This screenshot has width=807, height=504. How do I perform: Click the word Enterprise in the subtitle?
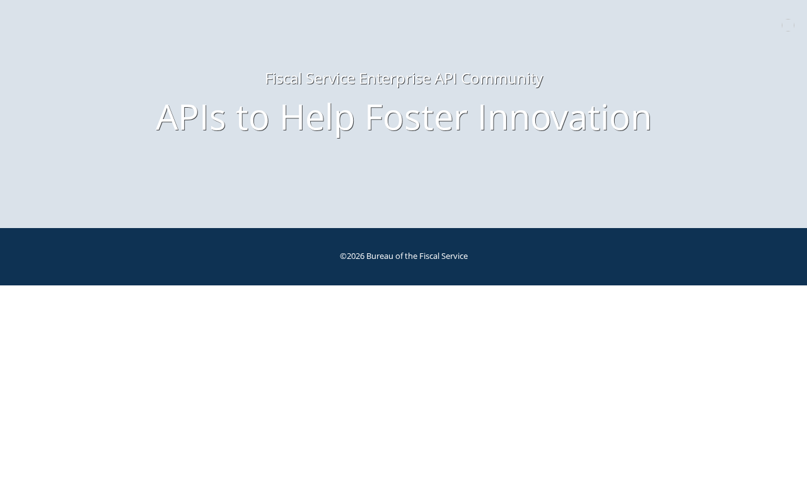coord(395,79)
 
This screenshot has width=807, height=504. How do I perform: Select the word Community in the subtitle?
coord(502,79)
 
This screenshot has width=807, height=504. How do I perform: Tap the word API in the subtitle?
coord(446,79)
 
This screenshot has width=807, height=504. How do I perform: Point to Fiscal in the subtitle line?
coord(284,79)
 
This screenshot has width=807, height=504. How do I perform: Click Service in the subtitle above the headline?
coord(330,79)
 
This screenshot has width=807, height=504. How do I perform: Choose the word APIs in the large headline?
coord(191,117)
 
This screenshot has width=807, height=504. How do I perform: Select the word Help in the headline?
coord(317,119)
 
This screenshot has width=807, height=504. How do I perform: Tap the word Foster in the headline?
coord(417,117)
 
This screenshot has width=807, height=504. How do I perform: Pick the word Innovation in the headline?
coord(566,117)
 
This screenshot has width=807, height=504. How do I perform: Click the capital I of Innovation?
coord(483,117)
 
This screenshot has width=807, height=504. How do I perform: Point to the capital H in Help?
coord(292,117)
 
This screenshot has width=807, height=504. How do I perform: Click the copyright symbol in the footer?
coord(343,256)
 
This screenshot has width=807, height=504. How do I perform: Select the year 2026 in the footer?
coord(356,256)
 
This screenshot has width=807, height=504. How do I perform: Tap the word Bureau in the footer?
coord(380,256)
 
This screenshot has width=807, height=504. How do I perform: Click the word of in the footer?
coord(399,256)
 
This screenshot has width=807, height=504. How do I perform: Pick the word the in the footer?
coord(411,256)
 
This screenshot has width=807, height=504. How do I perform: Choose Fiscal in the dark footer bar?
coord(429,256)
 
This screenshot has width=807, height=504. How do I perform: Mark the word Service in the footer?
coord(455,256)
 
